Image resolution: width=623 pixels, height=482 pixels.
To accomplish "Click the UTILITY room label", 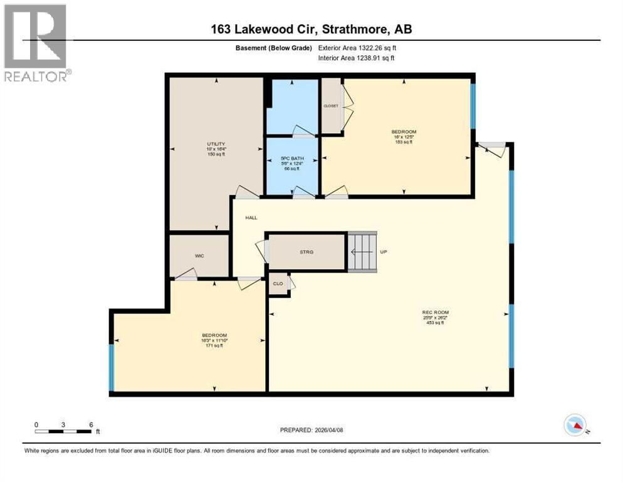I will (216, 144).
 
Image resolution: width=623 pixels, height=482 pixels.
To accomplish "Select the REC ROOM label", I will (436, 312).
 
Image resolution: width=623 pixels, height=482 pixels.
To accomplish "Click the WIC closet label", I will (199, 255).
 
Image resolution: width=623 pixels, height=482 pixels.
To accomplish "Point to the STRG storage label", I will (306, 252).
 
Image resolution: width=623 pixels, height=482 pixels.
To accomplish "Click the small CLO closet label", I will (278, 283).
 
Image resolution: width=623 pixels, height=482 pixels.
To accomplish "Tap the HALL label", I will (251, 217).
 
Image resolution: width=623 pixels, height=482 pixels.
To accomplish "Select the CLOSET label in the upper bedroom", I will (330, 106).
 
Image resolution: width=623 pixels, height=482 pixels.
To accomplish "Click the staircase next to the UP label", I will (363, 252).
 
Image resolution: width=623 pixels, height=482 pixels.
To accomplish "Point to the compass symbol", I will (575, 425).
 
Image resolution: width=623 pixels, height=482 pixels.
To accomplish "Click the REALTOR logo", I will (36, 43).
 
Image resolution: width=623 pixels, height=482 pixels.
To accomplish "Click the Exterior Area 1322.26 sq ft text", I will (357, 48).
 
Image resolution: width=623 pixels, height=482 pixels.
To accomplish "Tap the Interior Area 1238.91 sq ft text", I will (357, 58).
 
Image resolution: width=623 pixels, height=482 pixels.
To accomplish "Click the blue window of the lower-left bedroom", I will (112, 367).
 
